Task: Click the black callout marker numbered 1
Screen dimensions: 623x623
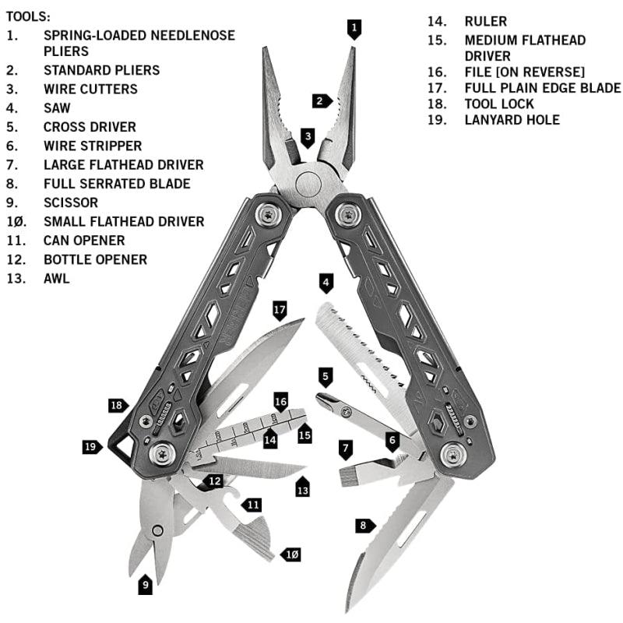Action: click(x=354, y=29)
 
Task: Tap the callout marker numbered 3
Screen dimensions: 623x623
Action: click(x=308, y=138)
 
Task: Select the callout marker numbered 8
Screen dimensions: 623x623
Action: click(x=365, y=526)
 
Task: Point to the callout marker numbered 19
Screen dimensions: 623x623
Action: click(x=92, y=447)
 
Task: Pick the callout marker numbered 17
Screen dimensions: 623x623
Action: click(x=280, y=311)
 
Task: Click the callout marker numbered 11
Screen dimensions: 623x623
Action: click(x=252, y=505)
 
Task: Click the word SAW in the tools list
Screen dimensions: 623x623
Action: click(x=57, y=108)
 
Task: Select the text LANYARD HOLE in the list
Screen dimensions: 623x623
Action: click(x=512, y=120)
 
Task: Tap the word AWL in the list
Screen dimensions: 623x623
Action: click(x=56, y=279)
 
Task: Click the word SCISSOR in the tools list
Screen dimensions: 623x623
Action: click(x=71, y=202)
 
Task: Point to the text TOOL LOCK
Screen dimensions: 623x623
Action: click(x=499, y=104)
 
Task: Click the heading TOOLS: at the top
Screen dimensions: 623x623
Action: click(x=28, y=16)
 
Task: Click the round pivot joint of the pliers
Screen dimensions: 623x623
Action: click(x=308, y=185)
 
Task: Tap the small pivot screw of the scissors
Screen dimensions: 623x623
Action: click(x=158, y=530)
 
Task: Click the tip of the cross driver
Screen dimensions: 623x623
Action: click(x=319, y=396)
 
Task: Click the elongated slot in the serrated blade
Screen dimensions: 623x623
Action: click(x=412, y=529)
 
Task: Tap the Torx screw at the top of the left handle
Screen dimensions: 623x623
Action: click(x=269, y=216)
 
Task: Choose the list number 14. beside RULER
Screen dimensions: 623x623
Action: click(x=437, y=22)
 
